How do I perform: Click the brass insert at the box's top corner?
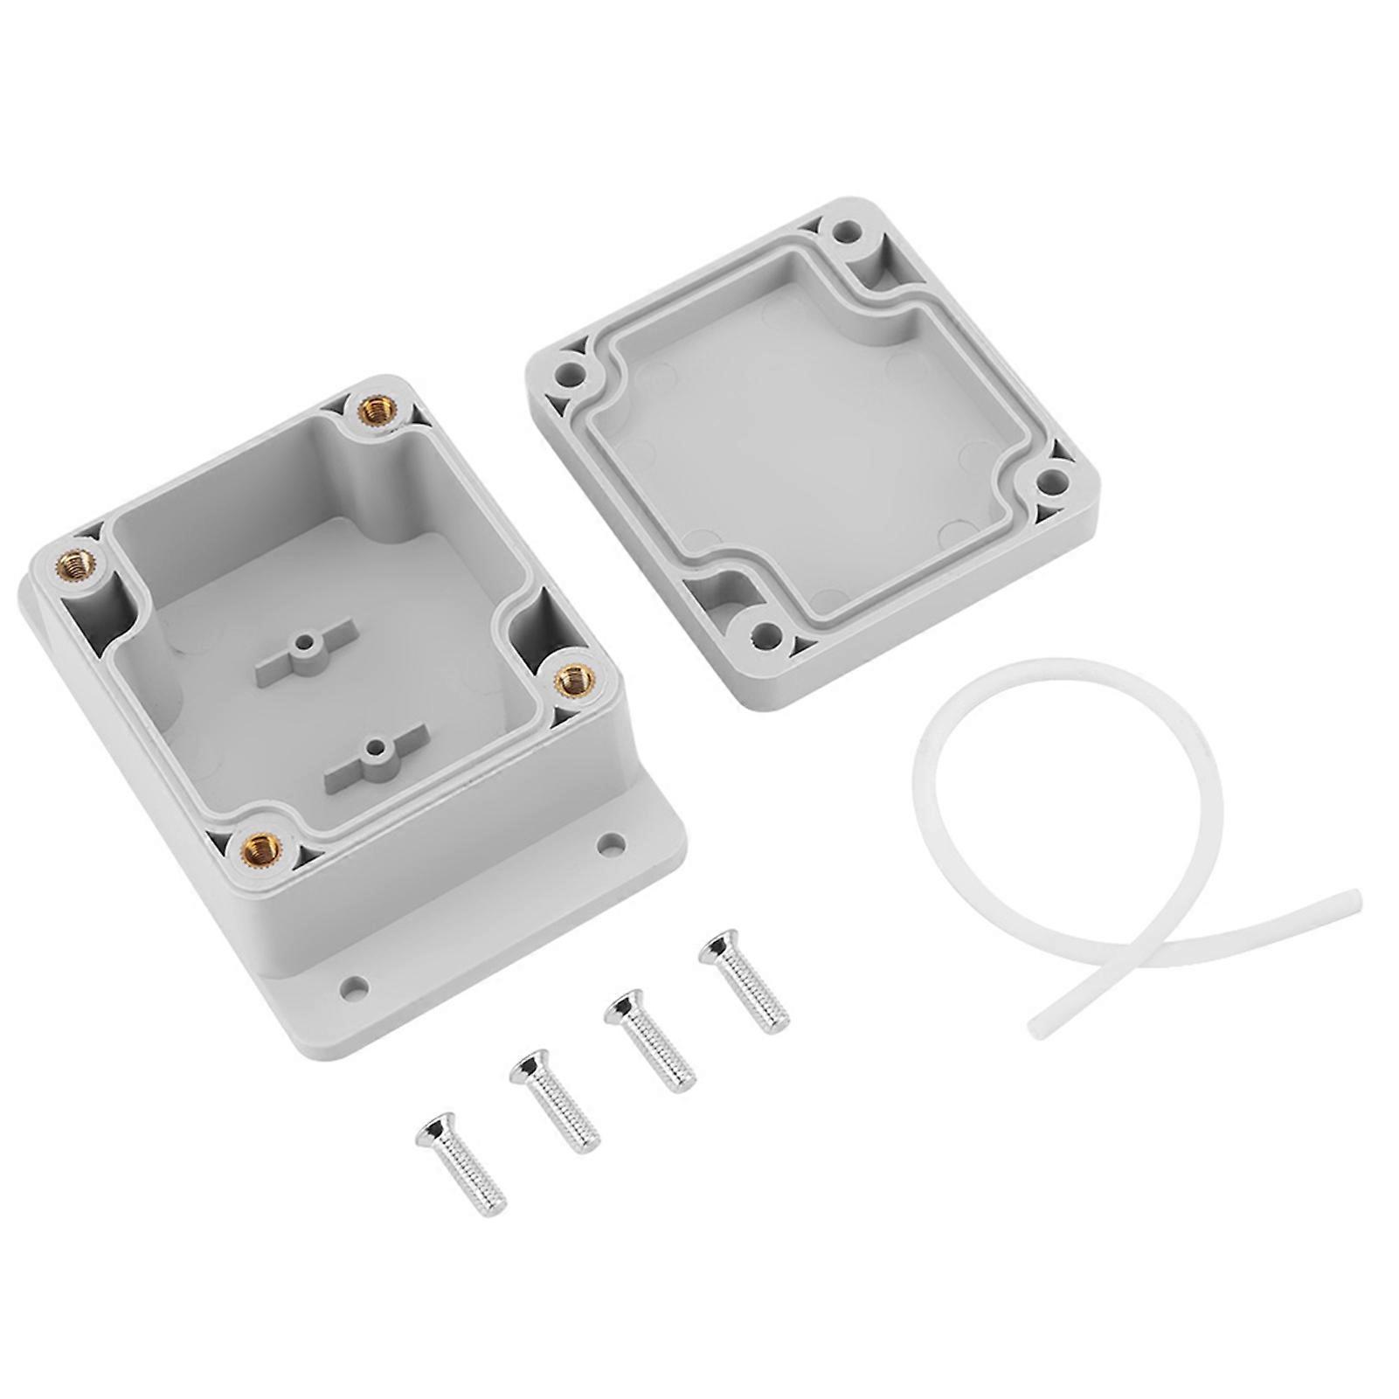(376, 406)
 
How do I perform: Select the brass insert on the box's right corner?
(572, 675)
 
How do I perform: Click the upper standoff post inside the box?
(303, 647)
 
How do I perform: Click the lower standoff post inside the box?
(375, 748)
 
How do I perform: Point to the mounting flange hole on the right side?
(612, 843)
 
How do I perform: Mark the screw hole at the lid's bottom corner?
(766, 633)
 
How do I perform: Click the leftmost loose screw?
(458, 1163)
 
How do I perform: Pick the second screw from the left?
(554, 1099)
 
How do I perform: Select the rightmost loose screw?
(744, 981)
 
